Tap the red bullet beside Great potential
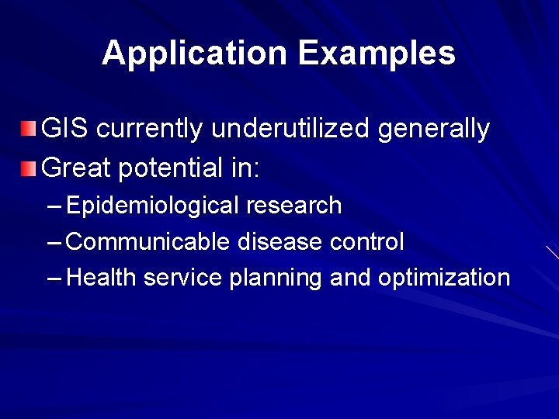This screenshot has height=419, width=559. coord(28,167)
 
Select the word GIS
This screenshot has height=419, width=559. coord(63,129)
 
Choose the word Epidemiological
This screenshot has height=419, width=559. coord(153,206)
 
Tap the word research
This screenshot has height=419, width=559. coord(293,206)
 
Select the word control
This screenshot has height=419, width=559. coord(366,242)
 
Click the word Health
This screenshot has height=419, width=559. coord(97,278)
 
